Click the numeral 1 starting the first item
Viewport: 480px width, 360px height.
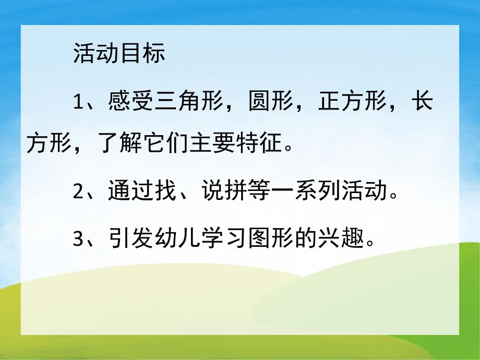click(x=78, y=102)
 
